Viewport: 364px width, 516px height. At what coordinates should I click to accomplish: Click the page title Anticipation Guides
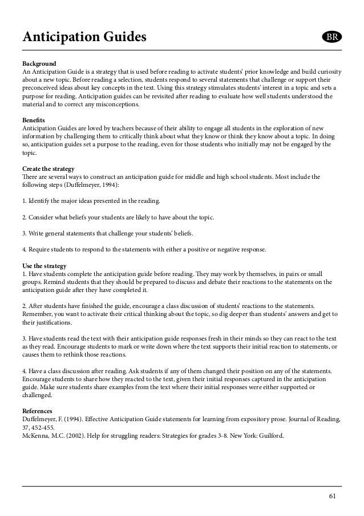(84, 38)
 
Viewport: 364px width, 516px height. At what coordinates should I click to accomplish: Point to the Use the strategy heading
(44, 266)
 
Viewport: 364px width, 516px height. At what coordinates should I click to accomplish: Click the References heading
(40, 410)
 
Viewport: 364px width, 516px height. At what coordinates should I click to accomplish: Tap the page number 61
(333, 495)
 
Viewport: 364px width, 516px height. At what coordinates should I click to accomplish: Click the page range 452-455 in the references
(46, 426)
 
